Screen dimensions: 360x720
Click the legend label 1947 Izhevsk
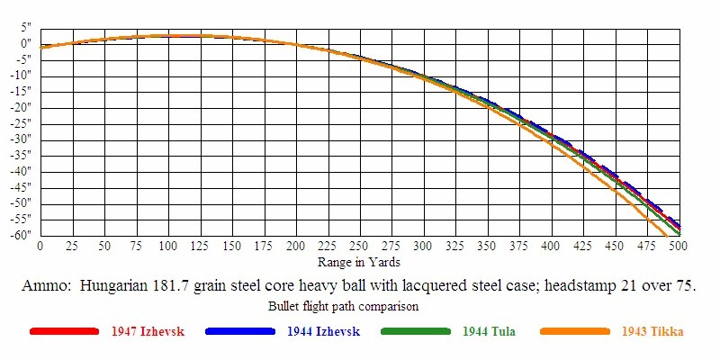click(x=148, y=332)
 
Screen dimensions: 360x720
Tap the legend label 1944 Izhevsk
click(x=323, y=332)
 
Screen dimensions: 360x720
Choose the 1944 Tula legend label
click(x=489, y=332)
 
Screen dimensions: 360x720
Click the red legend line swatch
click(x=63, y=332)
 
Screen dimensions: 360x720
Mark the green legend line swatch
click(x=415, y=332)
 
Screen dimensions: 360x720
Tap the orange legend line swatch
click(x=575, y=332)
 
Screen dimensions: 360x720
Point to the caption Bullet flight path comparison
click(x=346, y=307)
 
